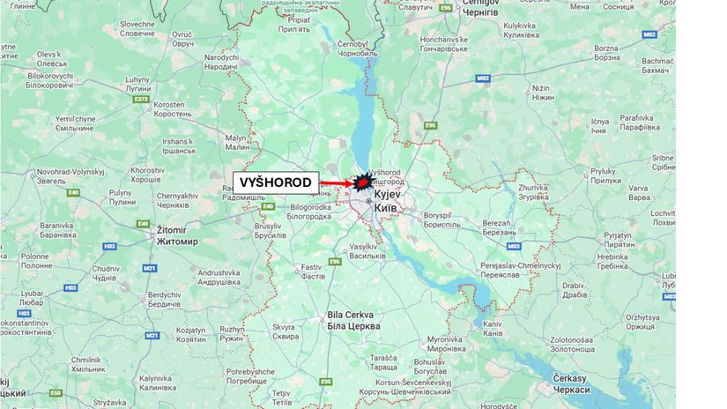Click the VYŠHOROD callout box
pyautogui.click(x=276, y=182)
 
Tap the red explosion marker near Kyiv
pyautogui.click(x=360, y=182)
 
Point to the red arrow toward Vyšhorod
pyautogui.click(x=335, y=183)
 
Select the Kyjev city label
pyautogui.click(x=388, y=198)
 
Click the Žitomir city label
pyautogui.click(x=177, y=234)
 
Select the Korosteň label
pyautogui.click(x=173, y=109)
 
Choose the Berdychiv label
pyautogui.click(x=164, y=300)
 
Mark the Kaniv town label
pyautogui.click(x=493, y=328)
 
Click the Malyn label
pyautogui.click(x=236, y=142)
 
